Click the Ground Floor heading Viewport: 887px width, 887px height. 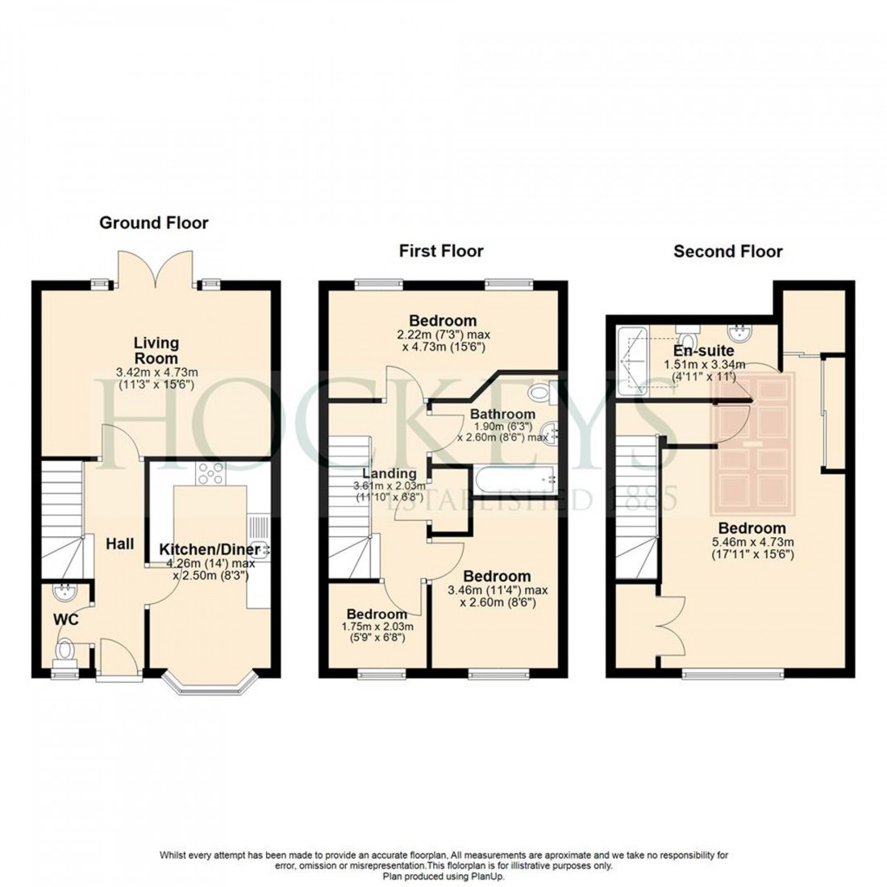(153, 223)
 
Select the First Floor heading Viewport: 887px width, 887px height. (441, 251)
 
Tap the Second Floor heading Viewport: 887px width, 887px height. (727, 251)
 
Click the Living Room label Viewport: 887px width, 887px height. (156, 351)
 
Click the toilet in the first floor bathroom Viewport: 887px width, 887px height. (539, 394)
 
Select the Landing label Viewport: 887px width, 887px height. (389, 473)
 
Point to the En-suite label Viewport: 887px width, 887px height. (704, 352)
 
